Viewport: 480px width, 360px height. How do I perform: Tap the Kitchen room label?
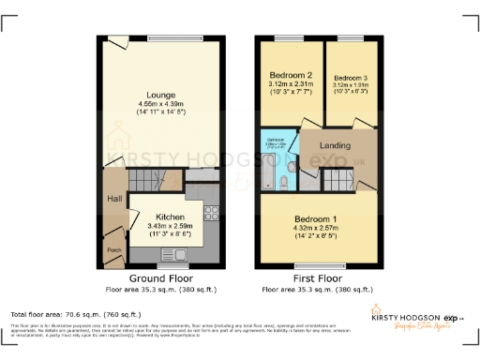(169, 216)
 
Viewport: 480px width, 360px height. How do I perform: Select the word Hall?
(112, 198)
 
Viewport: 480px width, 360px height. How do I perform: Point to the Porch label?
(113, 249)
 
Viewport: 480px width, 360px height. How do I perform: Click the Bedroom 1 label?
(320, 217)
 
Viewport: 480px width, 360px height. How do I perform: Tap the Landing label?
(335, 144)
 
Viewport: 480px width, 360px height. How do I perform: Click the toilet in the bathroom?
(292, 167)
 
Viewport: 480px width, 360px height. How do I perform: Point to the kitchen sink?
(177, 253)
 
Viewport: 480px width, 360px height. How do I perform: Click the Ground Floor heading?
(162, 278)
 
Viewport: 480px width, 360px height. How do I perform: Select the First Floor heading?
(319, 278)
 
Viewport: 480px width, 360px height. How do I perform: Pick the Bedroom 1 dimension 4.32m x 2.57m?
(320, 228)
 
